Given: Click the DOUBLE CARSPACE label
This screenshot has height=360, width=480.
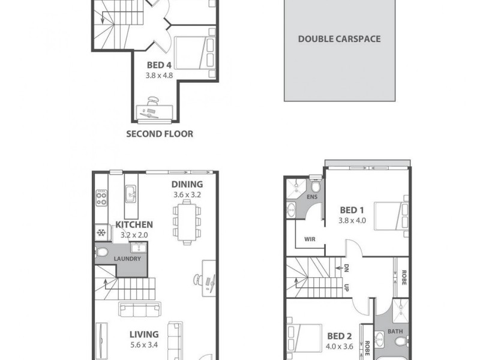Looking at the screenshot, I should point(340,39).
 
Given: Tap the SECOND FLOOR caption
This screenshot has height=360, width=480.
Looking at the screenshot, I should point(160,134).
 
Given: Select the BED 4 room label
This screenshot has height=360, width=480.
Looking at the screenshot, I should point(158,66).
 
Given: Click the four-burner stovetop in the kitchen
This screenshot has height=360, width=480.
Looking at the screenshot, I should point(101,198).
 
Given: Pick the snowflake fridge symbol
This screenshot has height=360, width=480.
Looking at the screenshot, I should point(101,233).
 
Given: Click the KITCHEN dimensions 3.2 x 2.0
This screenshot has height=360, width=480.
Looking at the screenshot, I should point(138,235).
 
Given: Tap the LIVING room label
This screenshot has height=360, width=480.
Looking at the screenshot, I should point(143,334).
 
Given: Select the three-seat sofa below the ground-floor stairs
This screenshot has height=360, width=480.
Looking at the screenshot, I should point(143,310).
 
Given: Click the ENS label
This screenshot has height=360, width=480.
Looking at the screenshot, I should point(312,197).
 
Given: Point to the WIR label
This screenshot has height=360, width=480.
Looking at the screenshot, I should point(310,239).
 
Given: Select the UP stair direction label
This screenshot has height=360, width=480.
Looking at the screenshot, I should point(346,287).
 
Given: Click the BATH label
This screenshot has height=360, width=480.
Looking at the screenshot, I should point(394,331).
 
